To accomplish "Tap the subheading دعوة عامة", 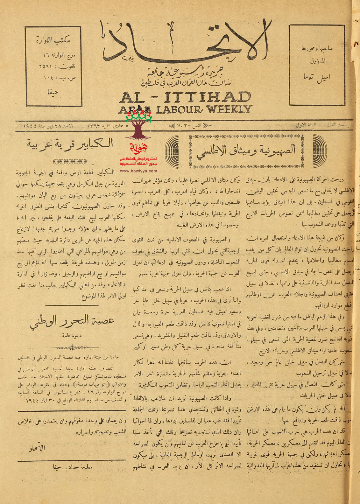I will coord(72,335).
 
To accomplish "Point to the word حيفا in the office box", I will coord(53,93).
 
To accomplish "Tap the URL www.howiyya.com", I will coord(138,171).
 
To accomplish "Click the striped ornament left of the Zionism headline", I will coord(172,151).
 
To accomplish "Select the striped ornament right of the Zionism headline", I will coord(320,151).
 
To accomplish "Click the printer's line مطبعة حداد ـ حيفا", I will coord(73,467).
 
